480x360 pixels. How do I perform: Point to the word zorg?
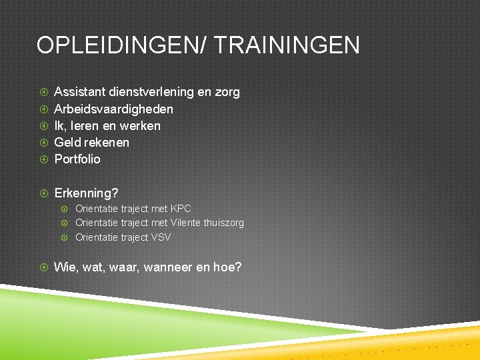tap(227, 92)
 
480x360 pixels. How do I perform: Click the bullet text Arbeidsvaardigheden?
tap(113, 109)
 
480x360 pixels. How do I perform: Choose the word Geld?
tap(67, 142)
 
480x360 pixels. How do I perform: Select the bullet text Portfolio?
tap(77, 159)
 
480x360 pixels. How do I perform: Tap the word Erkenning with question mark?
tap(86, 193)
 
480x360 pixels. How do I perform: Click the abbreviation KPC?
tap(181, 209)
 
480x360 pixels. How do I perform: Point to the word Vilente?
tap(186, 223)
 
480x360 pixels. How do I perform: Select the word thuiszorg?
tap(224, 223)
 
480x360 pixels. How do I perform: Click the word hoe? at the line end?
tap(227, 267)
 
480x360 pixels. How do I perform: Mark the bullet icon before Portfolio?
tap(43, 159)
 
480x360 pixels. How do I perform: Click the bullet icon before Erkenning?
tap(43, 193)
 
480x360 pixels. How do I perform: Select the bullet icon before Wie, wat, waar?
tap(43, 267)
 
